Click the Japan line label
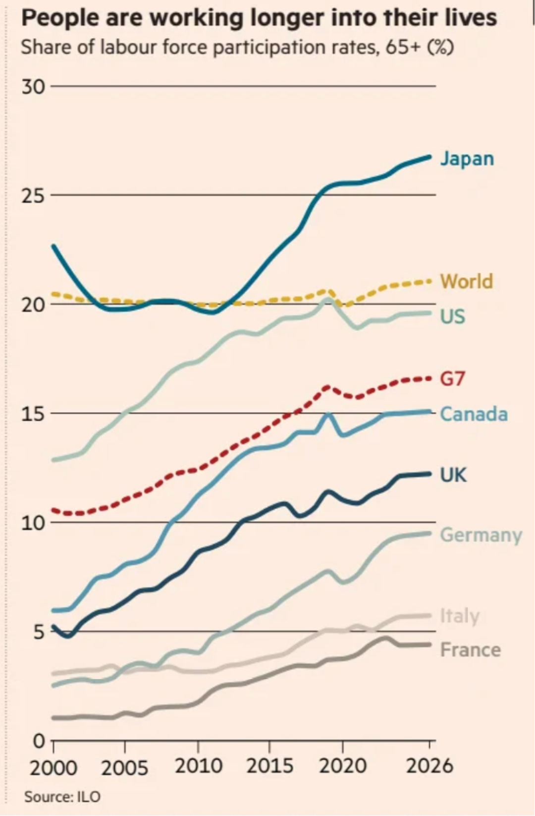click(x=467, y=159)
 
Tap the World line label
click(x=467, y=281)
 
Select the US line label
click(x=453, y=316)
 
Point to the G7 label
click(x=452, y=379)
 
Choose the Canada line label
click(x=474, y=414)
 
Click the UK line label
click(x=453, y=475)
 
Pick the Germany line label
click(x=481, y=535)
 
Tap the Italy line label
click(x=460, y=616)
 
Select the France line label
click(x=470, y=650)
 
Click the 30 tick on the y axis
click(x=33, y=87)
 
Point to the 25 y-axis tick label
click(x=33, y=196)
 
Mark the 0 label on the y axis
click(x=39, y=741)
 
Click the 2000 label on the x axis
click(x=53, y=768)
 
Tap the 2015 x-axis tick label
click(x=269, y=766)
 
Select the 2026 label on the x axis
click(x=429, y=766)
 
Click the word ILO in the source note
click(x=89, y=797)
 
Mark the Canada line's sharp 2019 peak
click(x=327, y=414)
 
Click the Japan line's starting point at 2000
click(x=53, y=246)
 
